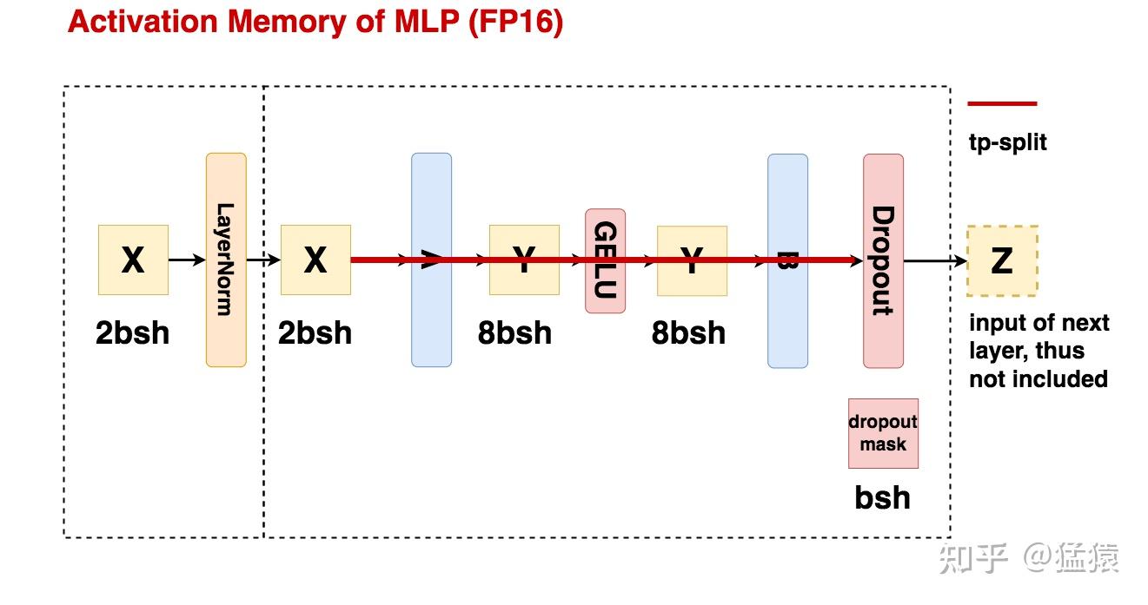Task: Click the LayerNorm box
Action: [226, 260]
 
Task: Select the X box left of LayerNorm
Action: [133, 260]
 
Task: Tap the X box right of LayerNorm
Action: [315, 260]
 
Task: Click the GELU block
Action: [605, 260]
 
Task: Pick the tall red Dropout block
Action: [883, 260]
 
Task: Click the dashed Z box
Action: [1002, 260]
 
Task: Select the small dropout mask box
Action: [883, 433]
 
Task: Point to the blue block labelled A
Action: [431, 260]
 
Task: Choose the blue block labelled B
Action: [787, 260]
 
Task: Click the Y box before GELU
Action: [524, 260]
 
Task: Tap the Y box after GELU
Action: [692, 260]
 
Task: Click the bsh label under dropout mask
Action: [883, 497]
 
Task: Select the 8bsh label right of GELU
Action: [688, 332]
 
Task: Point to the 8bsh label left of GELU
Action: [514, 332]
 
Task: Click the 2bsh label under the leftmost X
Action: [132, 332]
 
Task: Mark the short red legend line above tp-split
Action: [1002, 103]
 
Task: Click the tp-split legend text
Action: [1008, 141]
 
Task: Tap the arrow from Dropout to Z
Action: [935, 260]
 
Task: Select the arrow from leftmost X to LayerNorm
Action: [187, 260]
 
